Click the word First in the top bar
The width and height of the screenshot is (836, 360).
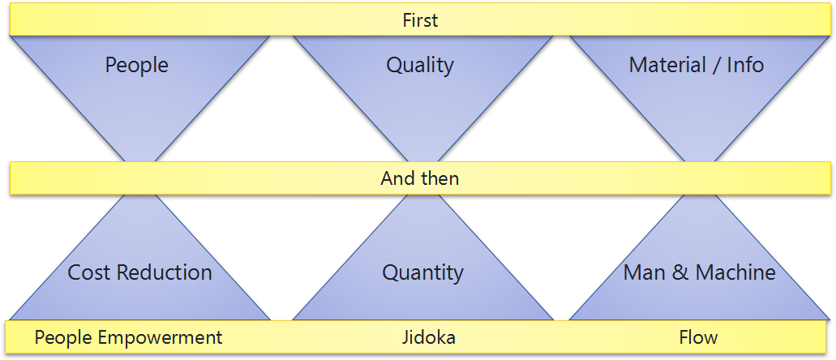tap(420, 20)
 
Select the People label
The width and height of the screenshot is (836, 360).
tap(136, 65)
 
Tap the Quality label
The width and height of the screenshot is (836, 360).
tap(420, 65)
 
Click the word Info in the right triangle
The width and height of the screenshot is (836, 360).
tap(745, 65)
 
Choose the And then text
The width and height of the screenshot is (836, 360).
tap(419, 178)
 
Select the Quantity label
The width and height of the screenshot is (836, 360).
tap(422, 273)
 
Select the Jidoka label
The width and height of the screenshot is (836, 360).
tap(429, 337)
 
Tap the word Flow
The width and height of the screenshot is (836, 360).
tap(698, 337)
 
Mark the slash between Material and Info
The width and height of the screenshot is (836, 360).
tap(717, 65)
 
